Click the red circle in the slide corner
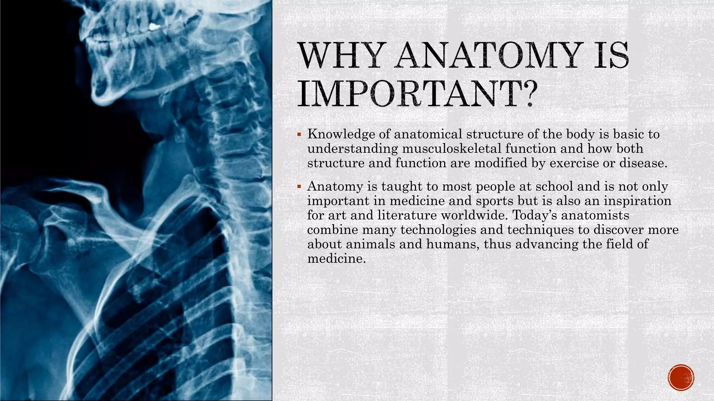pos(681,377)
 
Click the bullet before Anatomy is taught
pos(299,187)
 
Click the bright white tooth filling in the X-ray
pos(153,26)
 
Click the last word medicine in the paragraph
pos(336,259)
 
